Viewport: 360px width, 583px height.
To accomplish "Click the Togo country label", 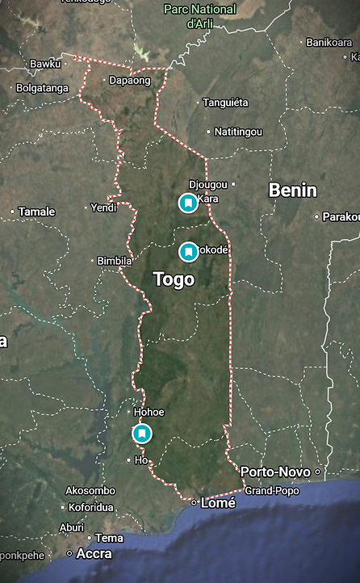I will pyautogui.click(x=174, y=279).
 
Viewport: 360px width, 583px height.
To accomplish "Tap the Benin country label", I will pyautogui.click(x=292, y=191).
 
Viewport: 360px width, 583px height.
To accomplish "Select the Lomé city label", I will pyautogui.click(x=219, y=502).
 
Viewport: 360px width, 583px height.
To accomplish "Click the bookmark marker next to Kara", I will pyautogui.click(x=188, y=203).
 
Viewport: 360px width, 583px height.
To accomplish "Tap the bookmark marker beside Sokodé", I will pyautogui.click(x=188, y=252).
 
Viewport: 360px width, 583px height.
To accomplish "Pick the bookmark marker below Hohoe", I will pyautogui.click(x=141, y=434).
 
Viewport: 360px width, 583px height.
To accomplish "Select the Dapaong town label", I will pyautogui.click(x=129, y=81).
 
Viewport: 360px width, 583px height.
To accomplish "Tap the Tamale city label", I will pyautogui.click(x=37, y=212).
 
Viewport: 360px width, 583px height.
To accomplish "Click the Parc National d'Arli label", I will pyautogui.click(x=200, y=16).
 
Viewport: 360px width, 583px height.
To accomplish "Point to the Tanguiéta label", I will pyautogui.click(x=225, y=103).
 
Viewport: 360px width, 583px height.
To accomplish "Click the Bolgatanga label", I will pyautogui.click(x=42, y=88).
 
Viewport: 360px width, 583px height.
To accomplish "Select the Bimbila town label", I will pyautogui.click(x=114, y=261).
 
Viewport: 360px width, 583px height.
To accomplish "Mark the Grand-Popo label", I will pyautogui.click(x=271, y=490).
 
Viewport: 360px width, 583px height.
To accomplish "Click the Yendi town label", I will pyautogui.click(x=103, y=207).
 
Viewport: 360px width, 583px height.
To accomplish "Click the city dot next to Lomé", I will pyautogui.click(x=194, y=502).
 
